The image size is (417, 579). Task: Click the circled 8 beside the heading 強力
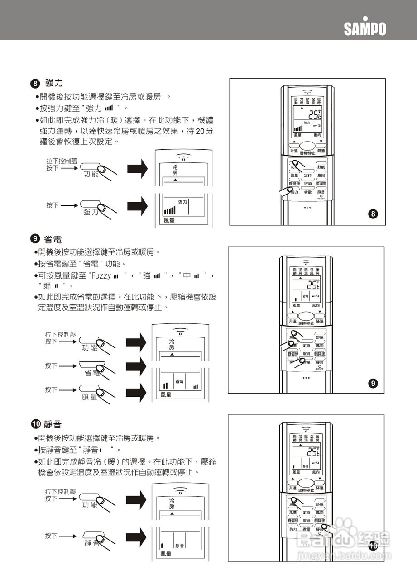tap(35, 84)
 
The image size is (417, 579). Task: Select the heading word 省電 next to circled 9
tap(53, 239)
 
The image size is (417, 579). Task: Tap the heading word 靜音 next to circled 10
tap(53, 424)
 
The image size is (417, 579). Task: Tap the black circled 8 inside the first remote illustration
tap(373, 214)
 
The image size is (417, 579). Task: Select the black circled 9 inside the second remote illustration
tap(372, 384)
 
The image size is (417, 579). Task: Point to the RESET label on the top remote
tap(321, 199)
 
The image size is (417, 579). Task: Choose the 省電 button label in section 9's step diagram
tap(92, 373)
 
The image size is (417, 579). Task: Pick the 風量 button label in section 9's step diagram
tap(89, 397)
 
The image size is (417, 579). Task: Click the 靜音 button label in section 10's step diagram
tap(92, 543)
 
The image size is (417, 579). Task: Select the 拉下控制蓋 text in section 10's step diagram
tap(60, 492)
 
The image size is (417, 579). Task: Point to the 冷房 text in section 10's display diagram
tap(172, 504)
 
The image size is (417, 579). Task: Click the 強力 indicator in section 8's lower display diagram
tap(182, 202)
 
